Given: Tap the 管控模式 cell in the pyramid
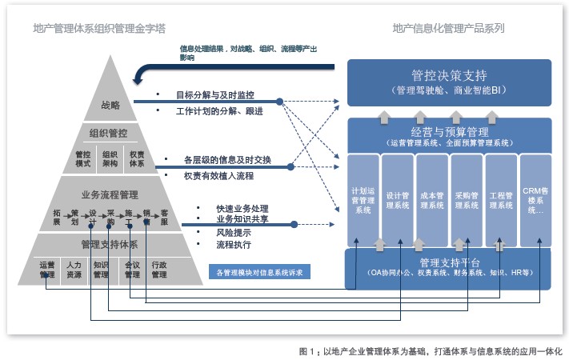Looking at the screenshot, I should point(83,158).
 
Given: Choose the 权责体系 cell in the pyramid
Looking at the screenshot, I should point(137,158).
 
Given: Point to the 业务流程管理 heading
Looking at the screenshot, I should point(110,194).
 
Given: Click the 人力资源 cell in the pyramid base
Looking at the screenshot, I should point(74,269).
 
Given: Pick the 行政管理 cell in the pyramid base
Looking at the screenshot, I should point(158,269).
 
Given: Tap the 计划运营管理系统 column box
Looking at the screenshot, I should point(363,200).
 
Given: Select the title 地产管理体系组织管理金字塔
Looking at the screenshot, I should point(110,28).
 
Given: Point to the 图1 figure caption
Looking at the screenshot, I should point(431,350).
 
